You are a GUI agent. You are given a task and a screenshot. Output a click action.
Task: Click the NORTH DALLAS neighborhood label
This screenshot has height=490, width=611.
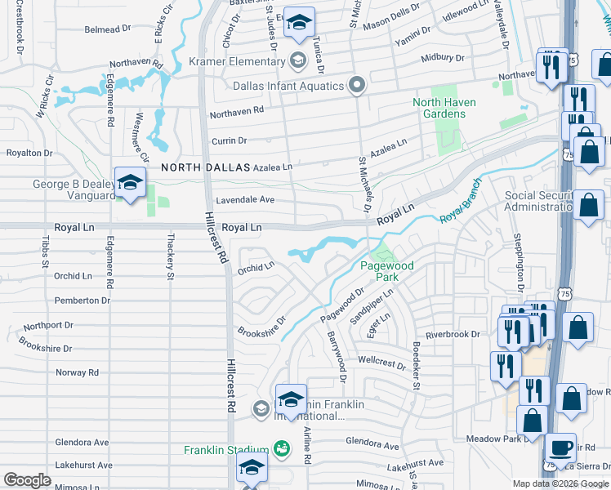click(205, 167)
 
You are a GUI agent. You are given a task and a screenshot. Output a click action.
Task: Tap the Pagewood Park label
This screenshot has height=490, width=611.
click(387, 271)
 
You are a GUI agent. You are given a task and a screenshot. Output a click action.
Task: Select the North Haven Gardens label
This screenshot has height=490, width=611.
click(450, 108)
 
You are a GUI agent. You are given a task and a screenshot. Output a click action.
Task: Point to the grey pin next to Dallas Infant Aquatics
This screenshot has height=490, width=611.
click(356, 86)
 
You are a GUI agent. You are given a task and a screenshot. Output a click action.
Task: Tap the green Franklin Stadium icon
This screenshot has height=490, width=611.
click(282, 449)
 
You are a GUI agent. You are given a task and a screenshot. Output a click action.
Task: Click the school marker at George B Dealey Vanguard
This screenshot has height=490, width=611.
click(130, 184)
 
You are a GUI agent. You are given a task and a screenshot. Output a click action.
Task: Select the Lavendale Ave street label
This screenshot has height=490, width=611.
click(245, 200)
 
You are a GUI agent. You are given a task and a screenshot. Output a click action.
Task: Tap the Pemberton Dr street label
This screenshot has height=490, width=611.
click(82, 301)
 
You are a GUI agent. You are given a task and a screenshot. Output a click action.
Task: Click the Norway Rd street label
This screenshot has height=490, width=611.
click(77, 372)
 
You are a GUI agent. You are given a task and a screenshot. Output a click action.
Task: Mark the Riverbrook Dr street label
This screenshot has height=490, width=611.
click(453, 335)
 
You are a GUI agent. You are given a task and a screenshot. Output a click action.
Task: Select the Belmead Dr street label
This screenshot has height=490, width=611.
click(108, 30)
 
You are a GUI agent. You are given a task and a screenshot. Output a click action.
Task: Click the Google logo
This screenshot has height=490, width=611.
click(27, 480)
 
